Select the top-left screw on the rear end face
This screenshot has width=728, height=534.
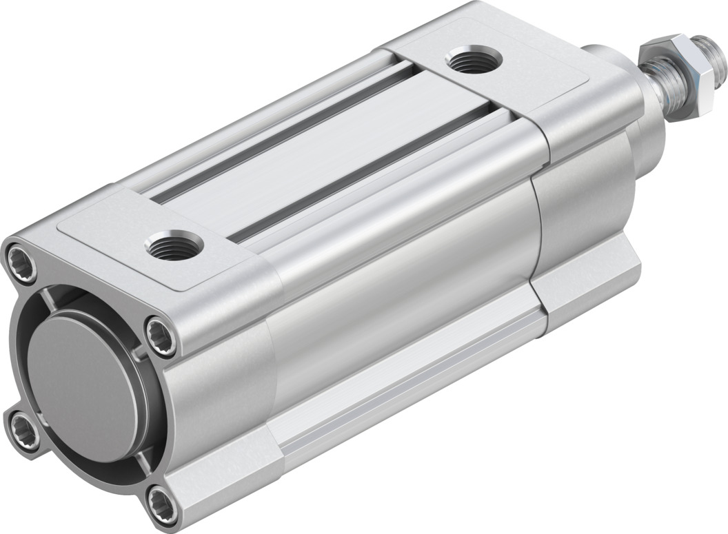(x=21, y=261)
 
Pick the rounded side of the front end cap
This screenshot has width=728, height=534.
(x=586, y=193)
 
